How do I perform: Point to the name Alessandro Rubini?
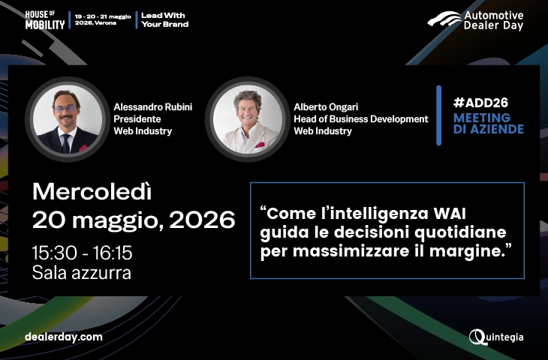pos(152,106)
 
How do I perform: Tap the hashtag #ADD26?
pos(478,102)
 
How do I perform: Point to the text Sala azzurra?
pos(82,273)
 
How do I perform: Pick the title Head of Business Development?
pos(360,118)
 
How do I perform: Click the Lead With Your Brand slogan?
pos(164,19)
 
